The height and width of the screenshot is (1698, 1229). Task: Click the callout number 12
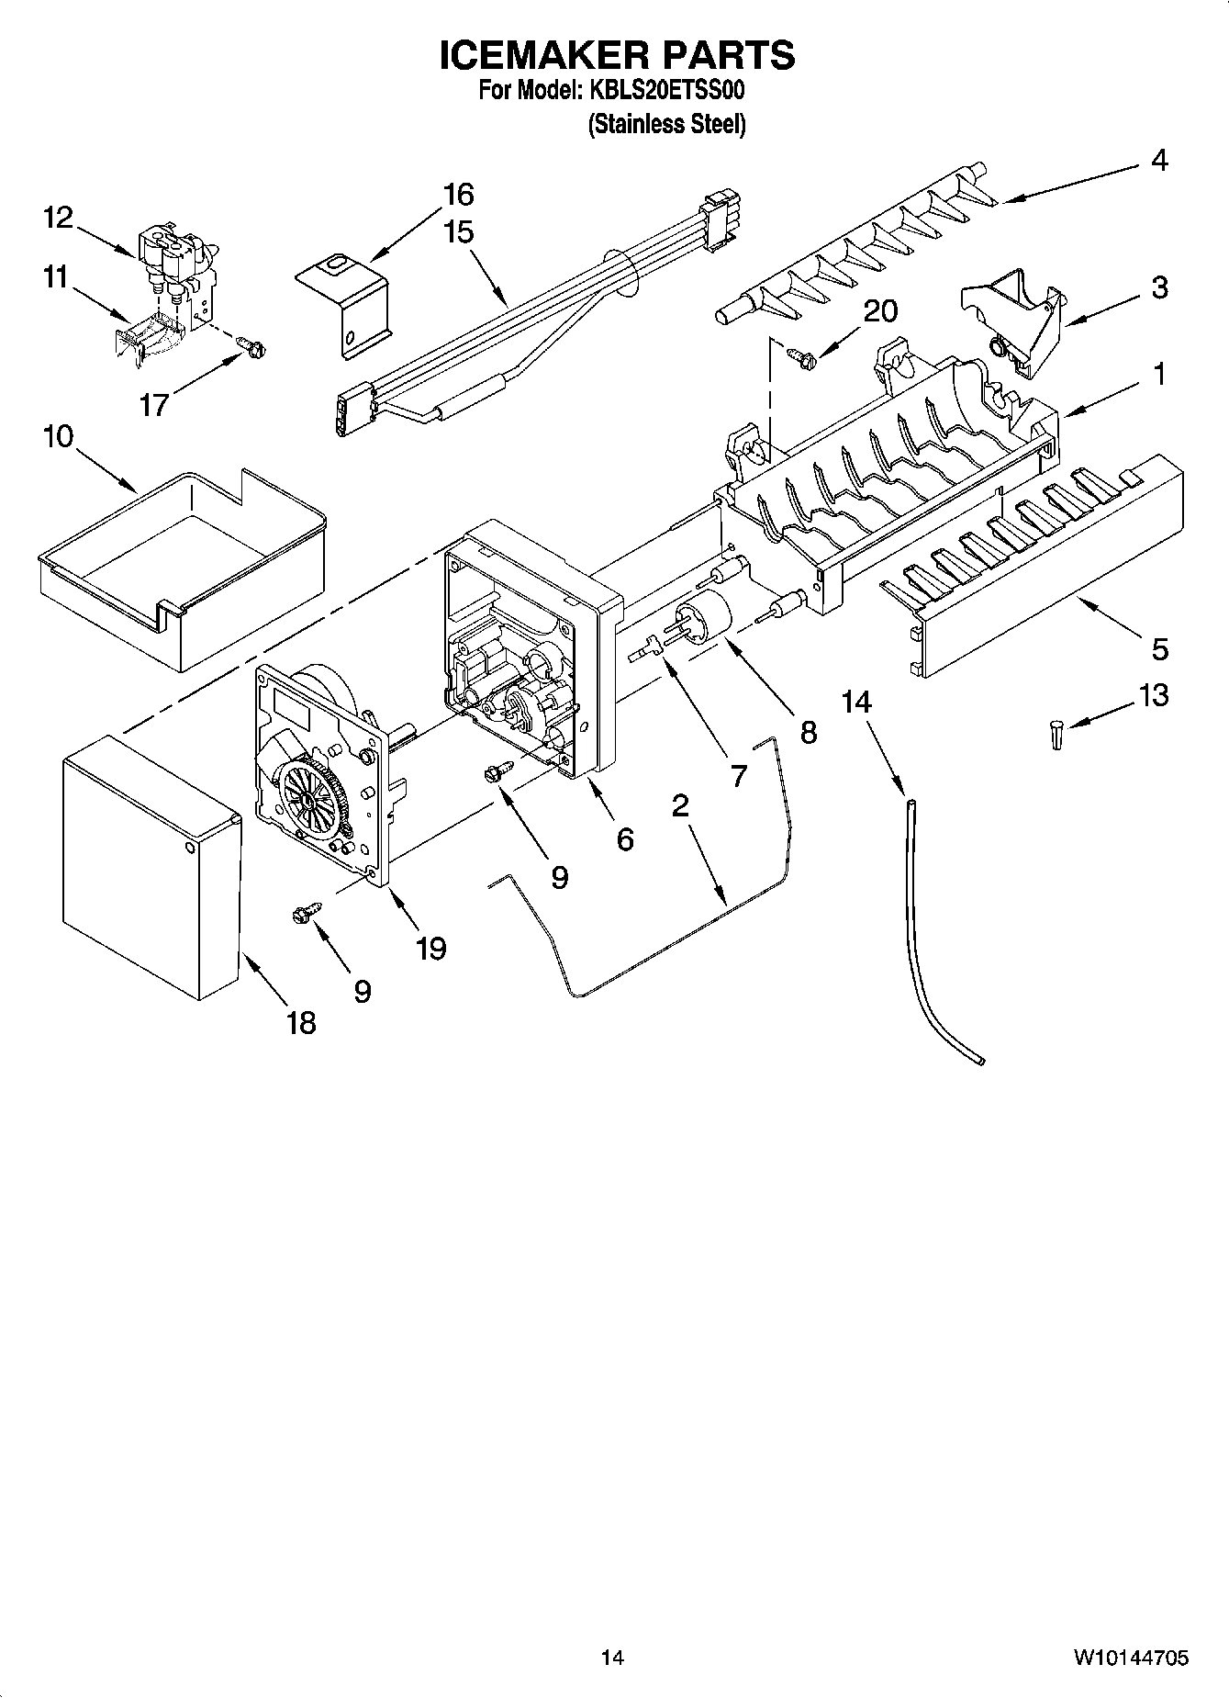click(x=57, y=218)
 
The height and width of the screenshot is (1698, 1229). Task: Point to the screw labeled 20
click(x=799, y=355)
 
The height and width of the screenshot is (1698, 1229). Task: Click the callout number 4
click(x=1159, y=161)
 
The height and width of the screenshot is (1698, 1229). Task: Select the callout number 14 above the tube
click(x=856, y=702)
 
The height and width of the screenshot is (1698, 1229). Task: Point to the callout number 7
click(x=739, y=776)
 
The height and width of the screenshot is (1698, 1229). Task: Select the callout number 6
click(x=624, y=838)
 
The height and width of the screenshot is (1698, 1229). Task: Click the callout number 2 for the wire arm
click(x=680, y=806)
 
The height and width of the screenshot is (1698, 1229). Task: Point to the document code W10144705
click(x=1131, y=1658)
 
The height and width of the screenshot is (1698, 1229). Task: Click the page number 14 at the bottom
click(x=612, y=1658)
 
